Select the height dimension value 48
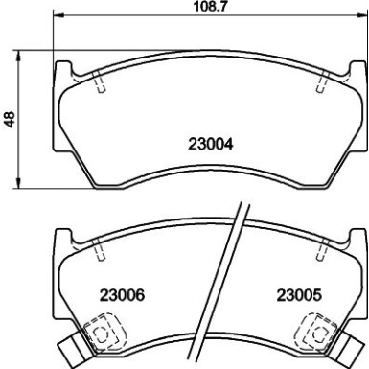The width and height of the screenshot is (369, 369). click(x=10, y=121)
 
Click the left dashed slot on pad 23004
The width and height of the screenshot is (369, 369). click(x=100, y=84)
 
